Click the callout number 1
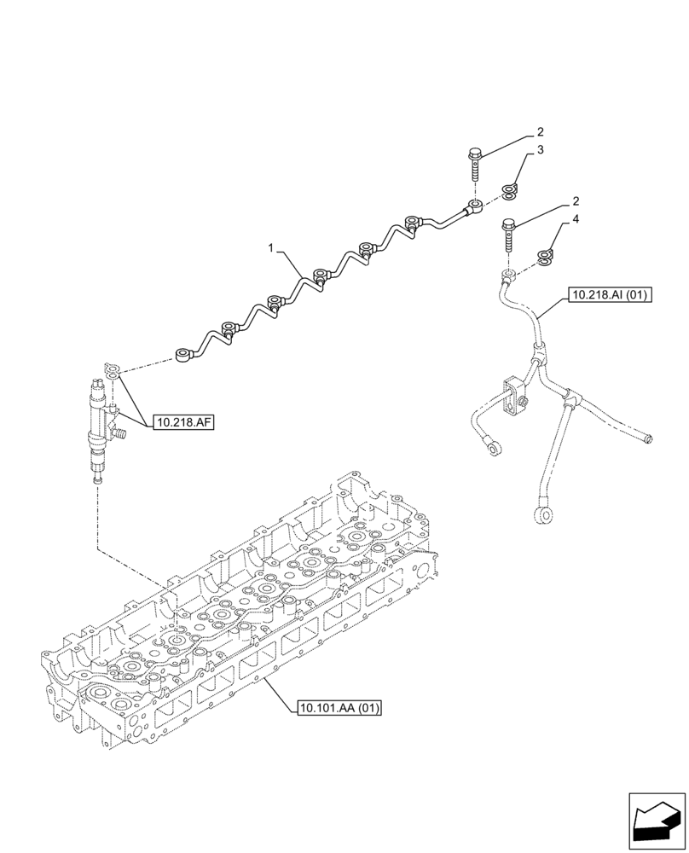[x=271, y=248]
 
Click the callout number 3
[x=540, y=150]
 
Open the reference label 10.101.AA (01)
[x=339, y=707]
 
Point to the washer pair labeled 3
[x=509, y=192]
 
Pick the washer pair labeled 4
[x=545, y=256]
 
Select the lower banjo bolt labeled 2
[x=509, y=233]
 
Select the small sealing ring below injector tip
[x=96, y=483]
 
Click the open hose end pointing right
[x=649, y=439]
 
